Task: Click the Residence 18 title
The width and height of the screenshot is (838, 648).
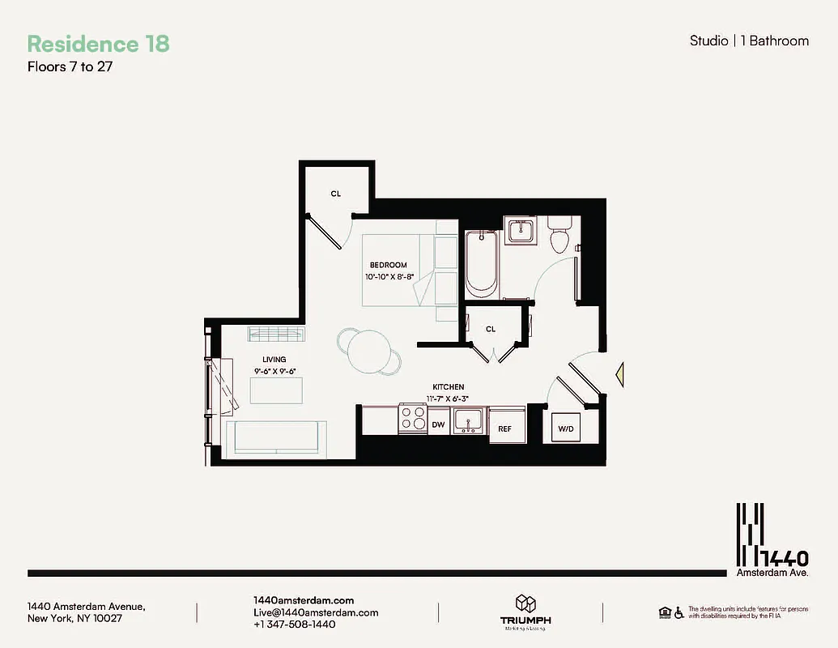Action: point(98,44)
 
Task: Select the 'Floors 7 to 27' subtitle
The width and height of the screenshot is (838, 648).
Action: point(70,67)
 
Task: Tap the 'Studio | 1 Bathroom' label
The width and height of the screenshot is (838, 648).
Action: point(748,40)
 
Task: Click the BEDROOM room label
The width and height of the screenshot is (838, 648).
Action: point(389,265)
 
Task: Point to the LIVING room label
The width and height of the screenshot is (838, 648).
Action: point(274,360)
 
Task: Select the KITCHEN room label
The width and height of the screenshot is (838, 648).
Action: point(447,387)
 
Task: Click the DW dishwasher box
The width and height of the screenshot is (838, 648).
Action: point(438,424)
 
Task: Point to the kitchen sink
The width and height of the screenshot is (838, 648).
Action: point(468,420)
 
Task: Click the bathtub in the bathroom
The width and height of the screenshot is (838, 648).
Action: point(481,262)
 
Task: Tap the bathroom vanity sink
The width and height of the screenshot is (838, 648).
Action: point(519,230)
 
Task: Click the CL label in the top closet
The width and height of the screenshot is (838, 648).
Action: point(335,194)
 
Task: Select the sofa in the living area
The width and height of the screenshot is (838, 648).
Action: point(275,438)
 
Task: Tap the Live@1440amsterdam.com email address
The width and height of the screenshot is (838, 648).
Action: point(316,613)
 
